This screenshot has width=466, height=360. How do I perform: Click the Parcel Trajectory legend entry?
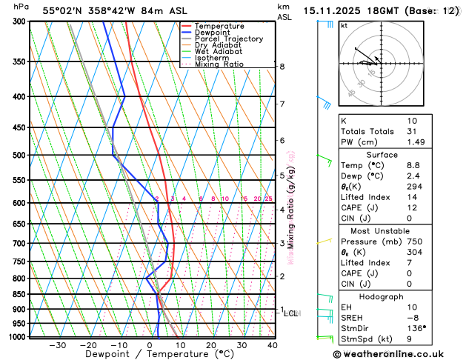pyautogui.click(x=228, y=39)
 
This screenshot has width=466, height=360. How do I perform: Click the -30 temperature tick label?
pyautogui.click(x=57, y=345)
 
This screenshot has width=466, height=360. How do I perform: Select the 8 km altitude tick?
pyautogui.click(x=282, y=67)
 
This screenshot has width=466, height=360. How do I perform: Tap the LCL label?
pyautogui.click(x=290, y=313)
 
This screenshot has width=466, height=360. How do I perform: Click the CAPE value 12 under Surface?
pyautogui.click(x=412, y=207)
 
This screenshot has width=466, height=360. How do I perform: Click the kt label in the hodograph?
pyautogui.click(x=344, y=25)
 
